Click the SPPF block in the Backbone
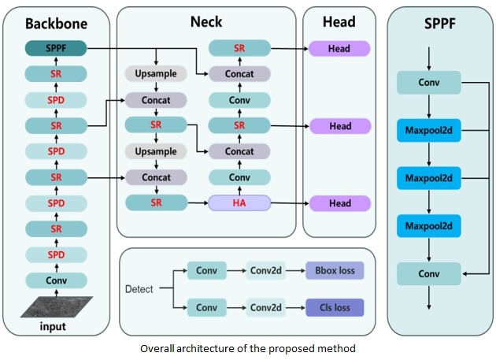point(55,49)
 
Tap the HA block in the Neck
point(239,203)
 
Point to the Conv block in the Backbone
point(55,280)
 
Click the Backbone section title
point(56,24)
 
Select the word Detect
point(139,289)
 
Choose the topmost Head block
point(339,49)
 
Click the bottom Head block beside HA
point(339,203)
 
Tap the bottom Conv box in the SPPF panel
point(428,273)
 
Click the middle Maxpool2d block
point(428,177)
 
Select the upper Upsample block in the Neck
point(156,74)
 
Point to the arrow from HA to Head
point(289,203)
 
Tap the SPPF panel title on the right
point(439,23)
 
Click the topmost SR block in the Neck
point(239,49)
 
